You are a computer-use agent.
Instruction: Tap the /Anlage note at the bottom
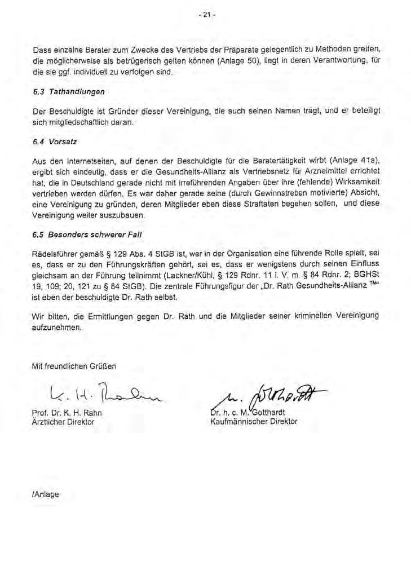click(x=46, y=493)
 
